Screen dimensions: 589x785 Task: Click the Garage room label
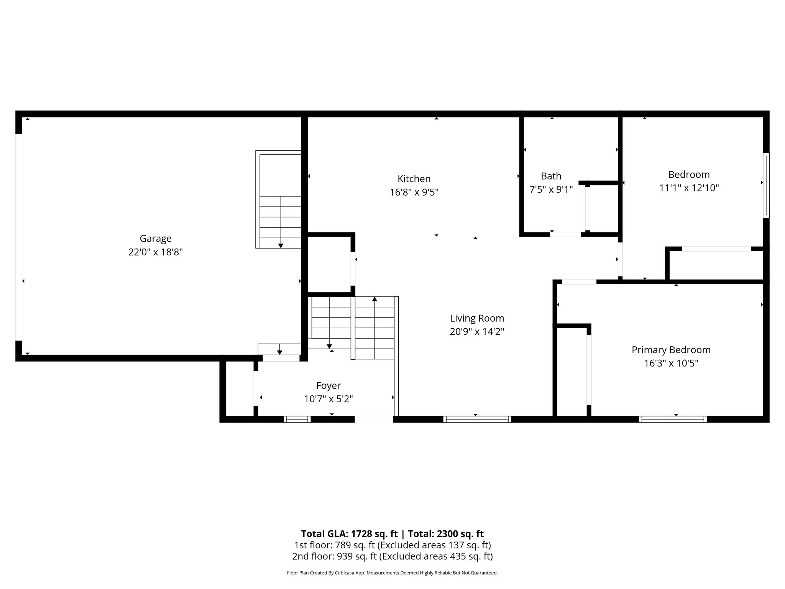tap(155, 239)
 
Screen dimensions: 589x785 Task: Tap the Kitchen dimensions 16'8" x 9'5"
tap(414, 192)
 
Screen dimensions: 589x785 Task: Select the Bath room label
tap(551, 176)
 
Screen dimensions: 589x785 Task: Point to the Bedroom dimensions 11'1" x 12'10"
tap(689, 188)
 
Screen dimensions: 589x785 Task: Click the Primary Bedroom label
tap(671, 350)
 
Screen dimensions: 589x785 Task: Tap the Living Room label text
tap(477, 318)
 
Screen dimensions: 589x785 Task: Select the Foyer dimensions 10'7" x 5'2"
tap(328, 399)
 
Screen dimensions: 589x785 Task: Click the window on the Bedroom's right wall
tap(766, 185)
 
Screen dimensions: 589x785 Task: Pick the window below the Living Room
tap(477, 419)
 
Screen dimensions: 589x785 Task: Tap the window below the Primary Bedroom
tap(673, 419)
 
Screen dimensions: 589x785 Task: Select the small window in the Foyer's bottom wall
tap(297, 419)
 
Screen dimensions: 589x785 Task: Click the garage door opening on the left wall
tap(19, 237)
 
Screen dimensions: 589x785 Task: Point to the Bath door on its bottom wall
tap(566, 234)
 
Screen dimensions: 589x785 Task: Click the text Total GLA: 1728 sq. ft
tap(349, 534)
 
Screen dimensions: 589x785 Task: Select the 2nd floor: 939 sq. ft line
tap(392, 556)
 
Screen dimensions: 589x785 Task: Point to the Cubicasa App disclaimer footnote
tap(392, 573)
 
